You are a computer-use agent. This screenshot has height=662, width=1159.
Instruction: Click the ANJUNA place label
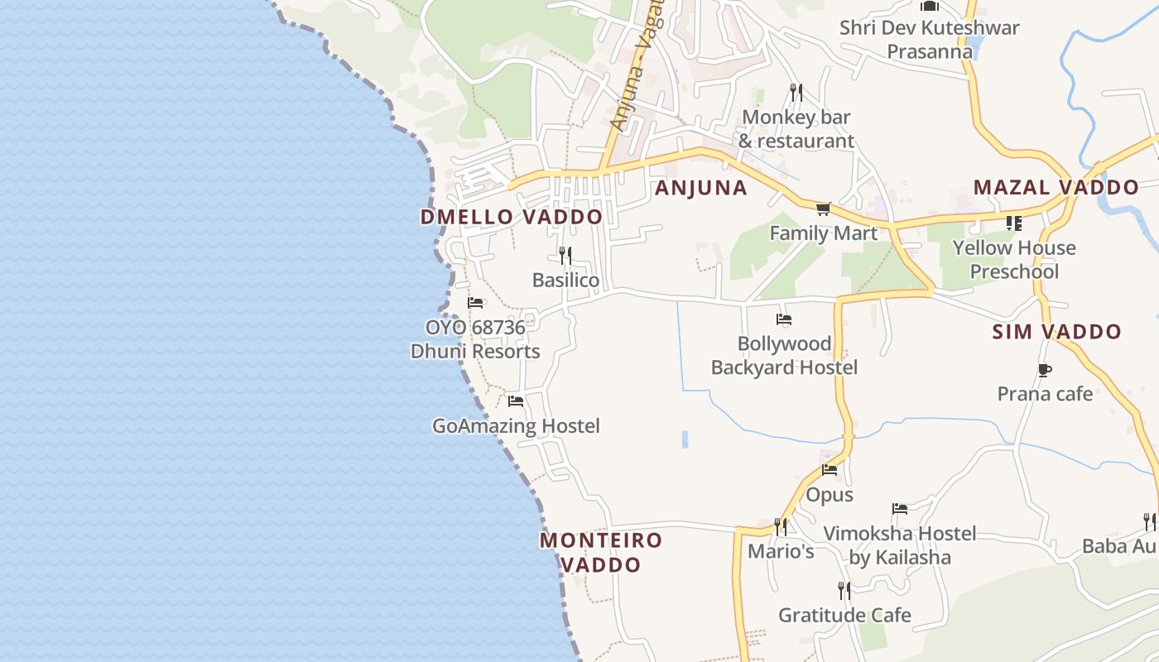701,188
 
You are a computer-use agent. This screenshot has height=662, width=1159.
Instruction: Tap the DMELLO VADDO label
511,218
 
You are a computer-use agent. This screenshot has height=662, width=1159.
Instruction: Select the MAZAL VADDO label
1056,187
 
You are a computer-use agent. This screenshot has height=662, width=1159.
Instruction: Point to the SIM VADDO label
1056,332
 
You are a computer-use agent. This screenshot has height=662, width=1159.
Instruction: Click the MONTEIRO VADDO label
601,552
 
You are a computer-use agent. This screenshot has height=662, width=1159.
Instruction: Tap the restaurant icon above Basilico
565,255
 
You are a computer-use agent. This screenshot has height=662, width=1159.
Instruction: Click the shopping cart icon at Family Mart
823,209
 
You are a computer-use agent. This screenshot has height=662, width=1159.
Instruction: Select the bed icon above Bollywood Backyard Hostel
784,319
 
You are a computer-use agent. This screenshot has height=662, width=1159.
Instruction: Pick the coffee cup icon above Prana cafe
1044,370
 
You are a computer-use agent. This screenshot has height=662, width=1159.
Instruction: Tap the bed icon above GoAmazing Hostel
516,401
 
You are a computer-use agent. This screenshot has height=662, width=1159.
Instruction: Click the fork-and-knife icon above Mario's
780,526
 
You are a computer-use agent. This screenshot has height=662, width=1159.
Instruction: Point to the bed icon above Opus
830,470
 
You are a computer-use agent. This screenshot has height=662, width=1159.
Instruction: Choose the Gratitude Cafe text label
844,615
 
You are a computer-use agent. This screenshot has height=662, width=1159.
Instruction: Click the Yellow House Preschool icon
1013,223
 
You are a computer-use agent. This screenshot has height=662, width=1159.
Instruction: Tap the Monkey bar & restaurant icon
796,92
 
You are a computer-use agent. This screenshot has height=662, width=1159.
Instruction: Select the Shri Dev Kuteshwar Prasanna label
930,39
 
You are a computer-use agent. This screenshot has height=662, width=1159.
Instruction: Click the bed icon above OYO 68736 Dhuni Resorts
475,303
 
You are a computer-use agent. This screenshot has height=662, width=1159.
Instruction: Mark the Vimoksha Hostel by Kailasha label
900,544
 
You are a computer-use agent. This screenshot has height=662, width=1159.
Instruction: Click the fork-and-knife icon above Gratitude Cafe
844,590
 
